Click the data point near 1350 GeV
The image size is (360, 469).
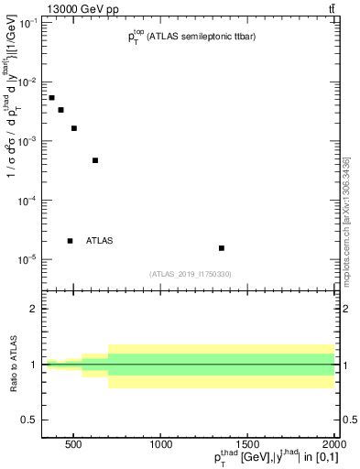(222, 248)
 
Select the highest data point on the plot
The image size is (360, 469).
(51, 98)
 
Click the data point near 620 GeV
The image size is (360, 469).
(95, 160)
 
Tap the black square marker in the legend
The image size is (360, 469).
(70, 241)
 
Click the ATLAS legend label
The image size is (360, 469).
(100, 241)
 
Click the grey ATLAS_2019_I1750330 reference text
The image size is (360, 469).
(191, 274)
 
